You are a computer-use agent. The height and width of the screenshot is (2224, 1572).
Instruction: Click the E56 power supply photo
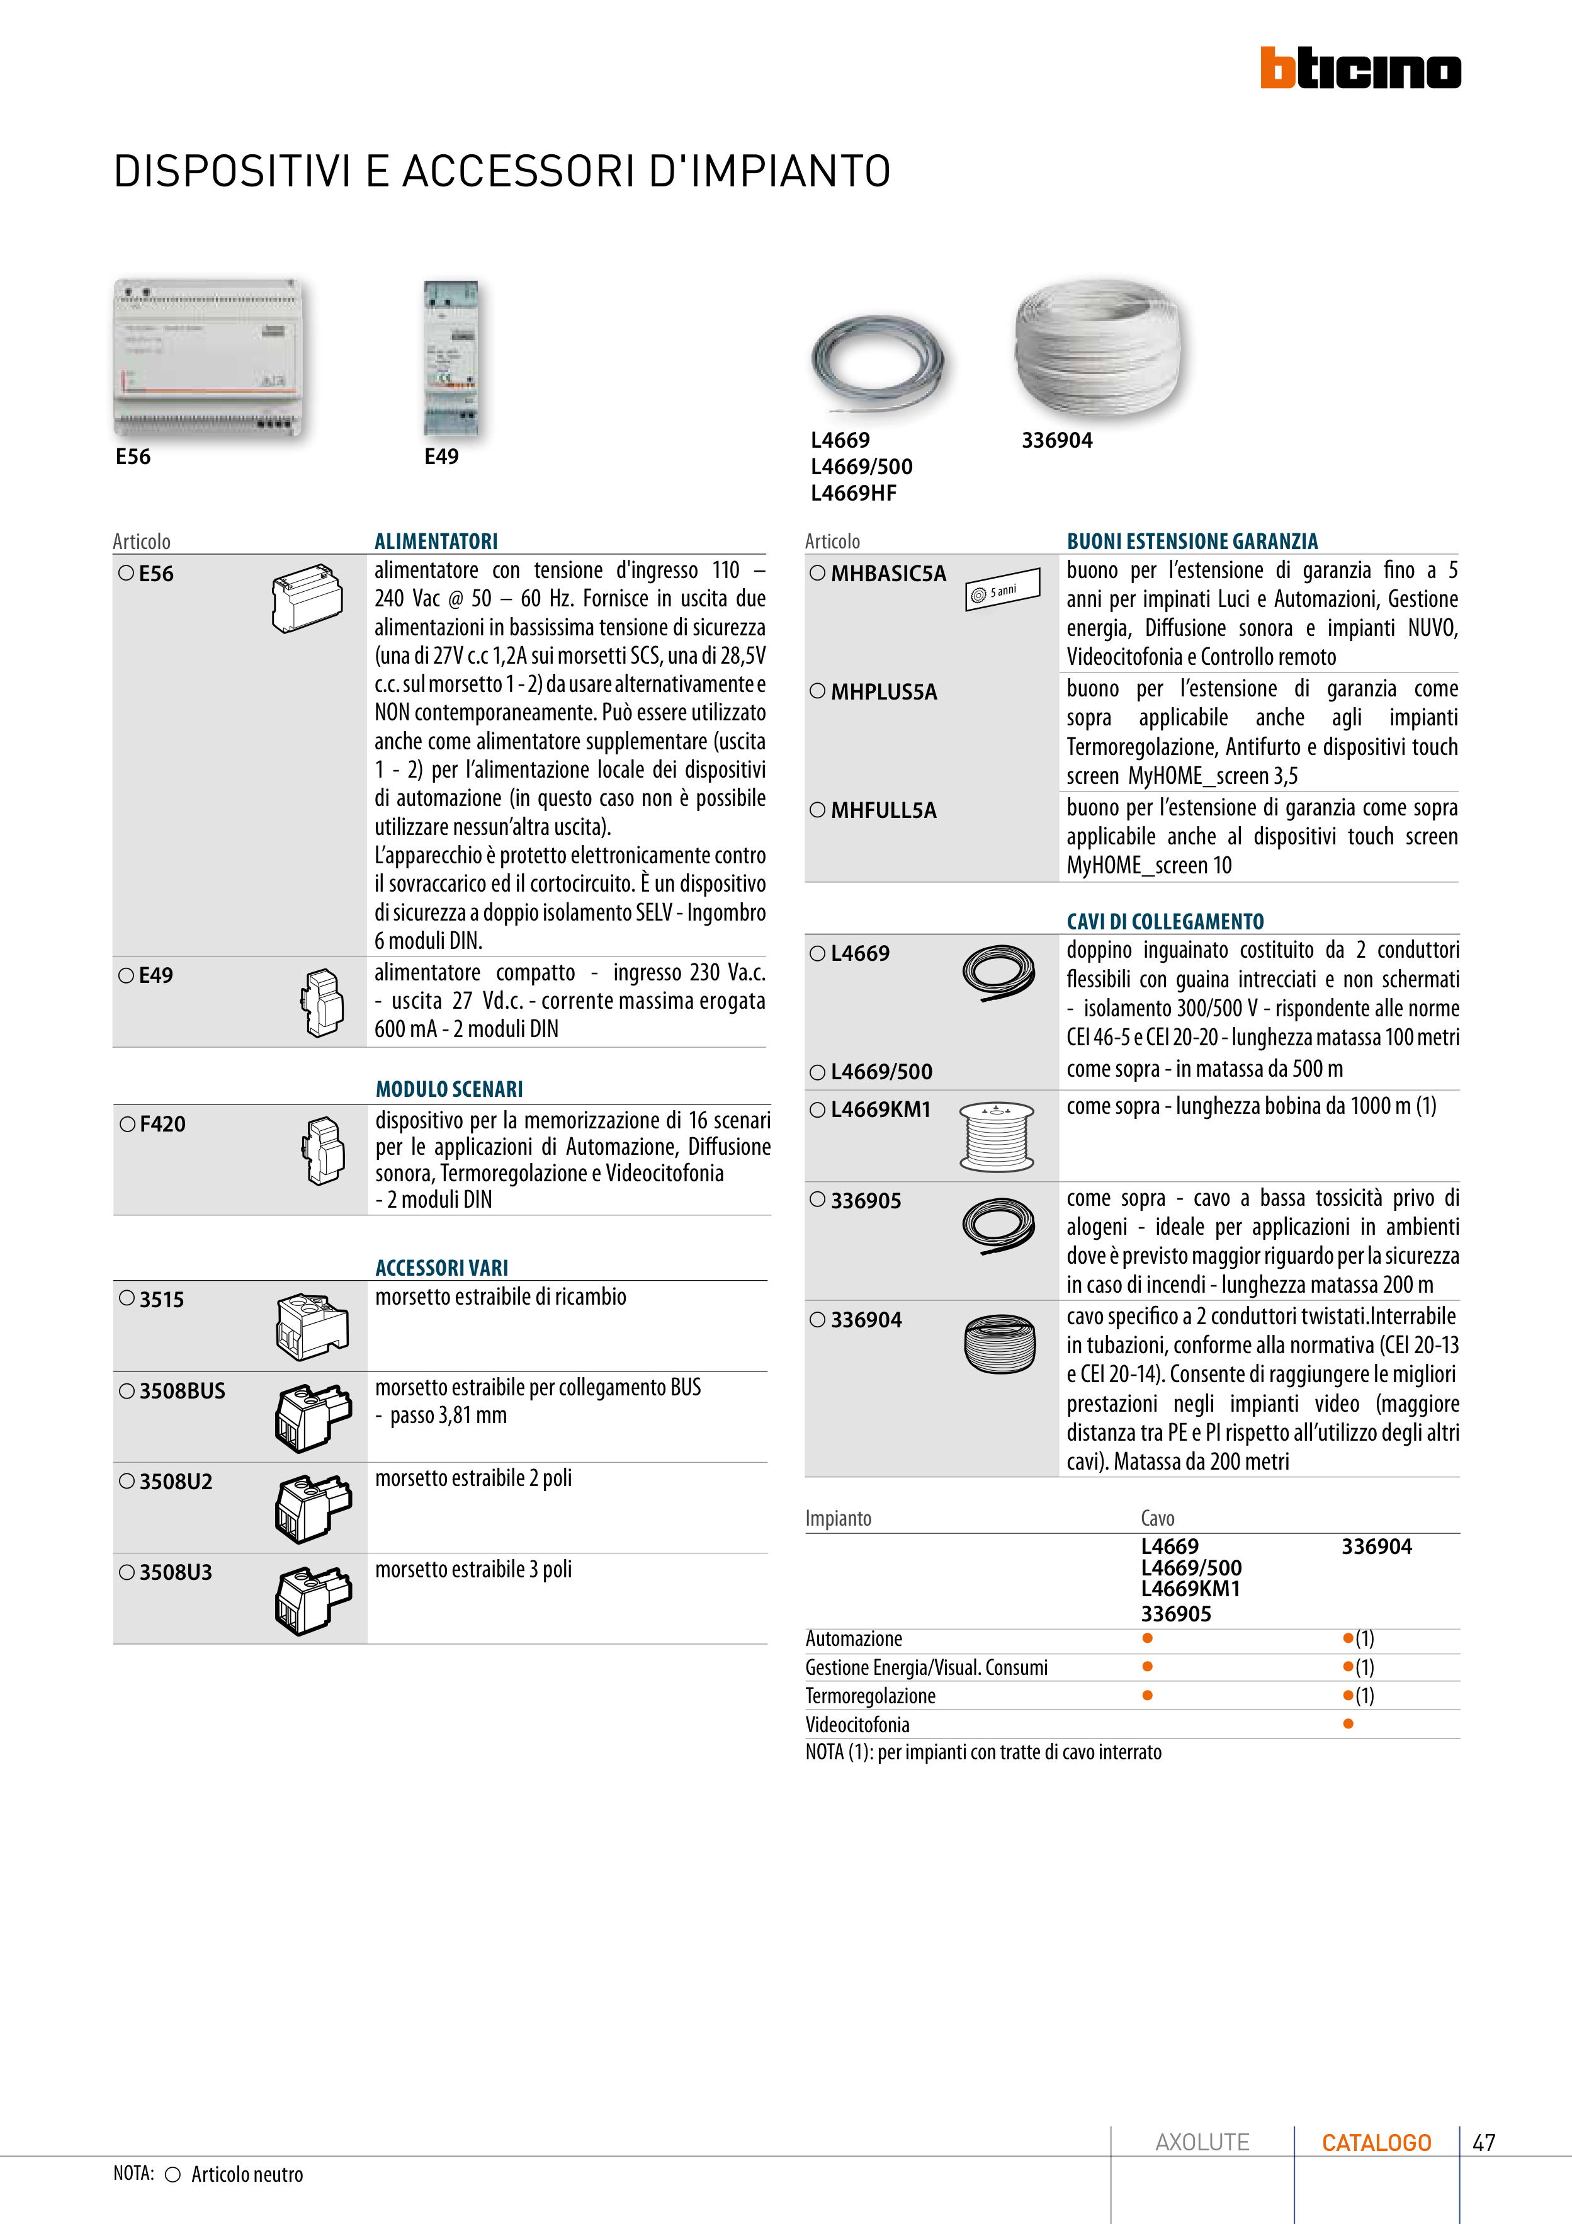point(208,358)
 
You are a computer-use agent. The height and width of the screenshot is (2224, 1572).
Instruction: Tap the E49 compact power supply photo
point(450,358)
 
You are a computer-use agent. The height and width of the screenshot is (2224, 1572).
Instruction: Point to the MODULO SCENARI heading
point(448,1089)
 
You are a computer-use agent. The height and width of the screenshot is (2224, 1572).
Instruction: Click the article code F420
point(162,1123)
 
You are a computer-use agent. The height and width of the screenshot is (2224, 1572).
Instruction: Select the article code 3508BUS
point(181,1391)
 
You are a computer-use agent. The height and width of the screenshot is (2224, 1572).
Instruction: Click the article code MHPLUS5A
point(883,691)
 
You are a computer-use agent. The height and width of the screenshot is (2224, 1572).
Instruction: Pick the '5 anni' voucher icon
point(1002,589)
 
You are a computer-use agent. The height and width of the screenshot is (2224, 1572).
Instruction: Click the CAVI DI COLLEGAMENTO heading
point(1165,921)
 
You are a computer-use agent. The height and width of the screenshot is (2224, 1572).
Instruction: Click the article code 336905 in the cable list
point(866,1201)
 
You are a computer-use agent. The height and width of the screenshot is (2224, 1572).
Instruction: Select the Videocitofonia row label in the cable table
point(857,1724)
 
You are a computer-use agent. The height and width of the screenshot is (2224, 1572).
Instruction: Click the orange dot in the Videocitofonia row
point(1349,1724)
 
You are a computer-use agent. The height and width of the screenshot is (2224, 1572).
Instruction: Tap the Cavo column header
point(1158,1518)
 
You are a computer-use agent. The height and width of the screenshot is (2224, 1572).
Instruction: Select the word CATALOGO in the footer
point(1376,2143)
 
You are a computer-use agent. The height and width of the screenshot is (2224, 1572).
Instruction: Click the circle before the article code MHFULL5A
point(818,810)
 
